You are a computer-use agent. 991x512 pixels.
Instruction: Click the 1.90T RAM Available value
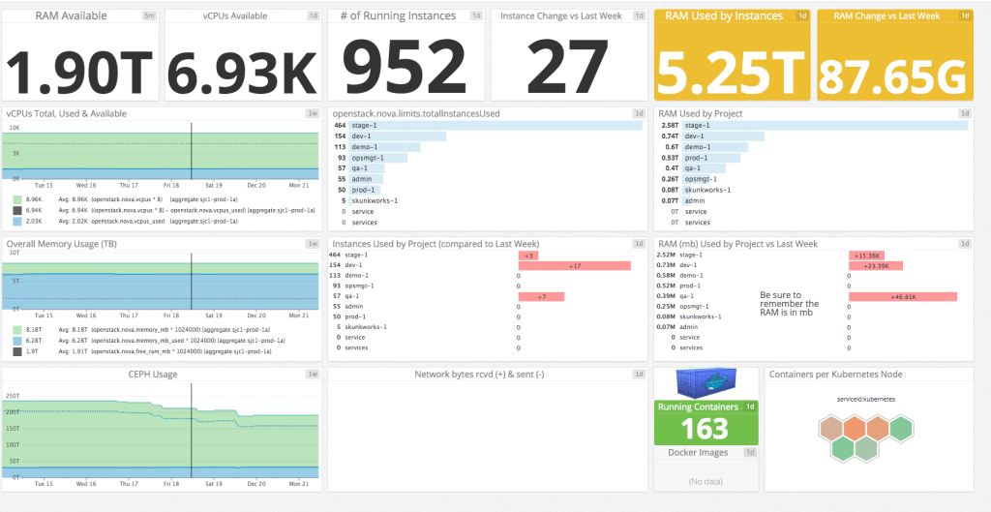point(80,67)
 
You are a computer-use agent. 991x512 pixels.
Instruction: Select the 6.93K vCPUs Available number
point(243,67)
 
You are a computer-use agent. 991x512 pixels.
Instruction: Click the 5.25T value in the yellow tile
point(732,69)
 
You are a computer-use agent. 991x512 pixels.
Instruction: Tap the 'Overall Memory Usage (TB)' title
point(61,244)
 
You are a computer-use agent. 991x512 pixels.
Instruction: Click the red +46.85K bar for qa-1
point(902,297)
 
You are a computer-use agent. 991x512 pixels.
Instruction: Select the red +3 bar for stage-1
point(528,256)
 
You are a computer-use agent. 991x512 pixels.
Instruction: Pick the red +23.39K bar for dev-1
point(876,266)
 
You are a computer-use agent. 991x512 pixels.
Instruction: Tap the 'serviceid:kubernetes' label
point(866,399)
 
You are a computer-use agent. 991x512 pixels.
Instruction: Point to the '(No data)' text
point(706,481)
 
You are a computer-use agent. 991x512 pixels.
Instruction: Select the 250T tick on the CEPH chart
point(13,395)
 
